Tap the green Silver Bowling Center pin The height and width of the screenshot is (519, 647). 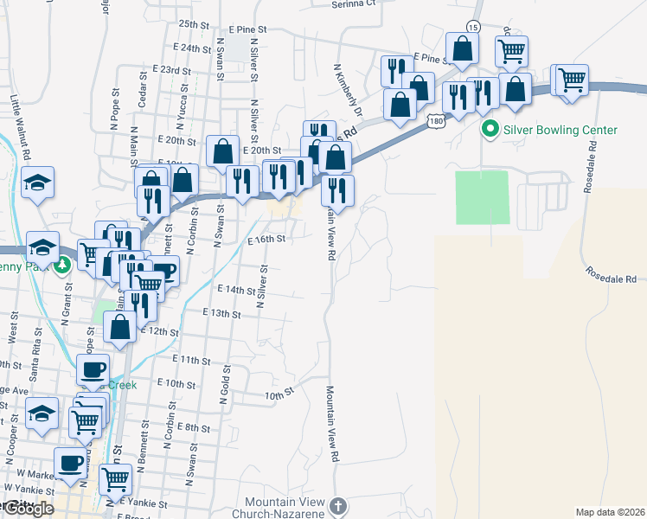(490, 131)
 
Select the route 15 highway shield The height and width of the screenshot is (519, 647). (472, 27)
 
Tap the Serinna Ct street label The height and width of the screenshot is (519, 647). (356, 3)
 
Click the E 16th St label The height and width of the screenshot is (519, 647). (266, 240)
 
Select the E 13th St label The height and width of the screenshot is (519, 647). (221, 312)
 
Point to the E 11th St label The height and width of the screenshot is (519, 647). (192, 359)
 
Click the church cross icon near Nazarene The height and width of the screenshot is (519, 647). (338, 505)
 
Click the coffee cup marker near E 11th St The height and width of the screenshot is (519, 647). (93, 369)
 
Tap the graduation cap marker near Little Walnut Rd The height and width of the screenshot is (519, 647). (37, 183)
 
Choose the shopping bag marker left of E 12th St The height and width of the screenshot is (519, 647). (119, 326)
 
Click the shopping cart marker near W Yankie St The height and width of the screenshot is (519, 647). (115, 478)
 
